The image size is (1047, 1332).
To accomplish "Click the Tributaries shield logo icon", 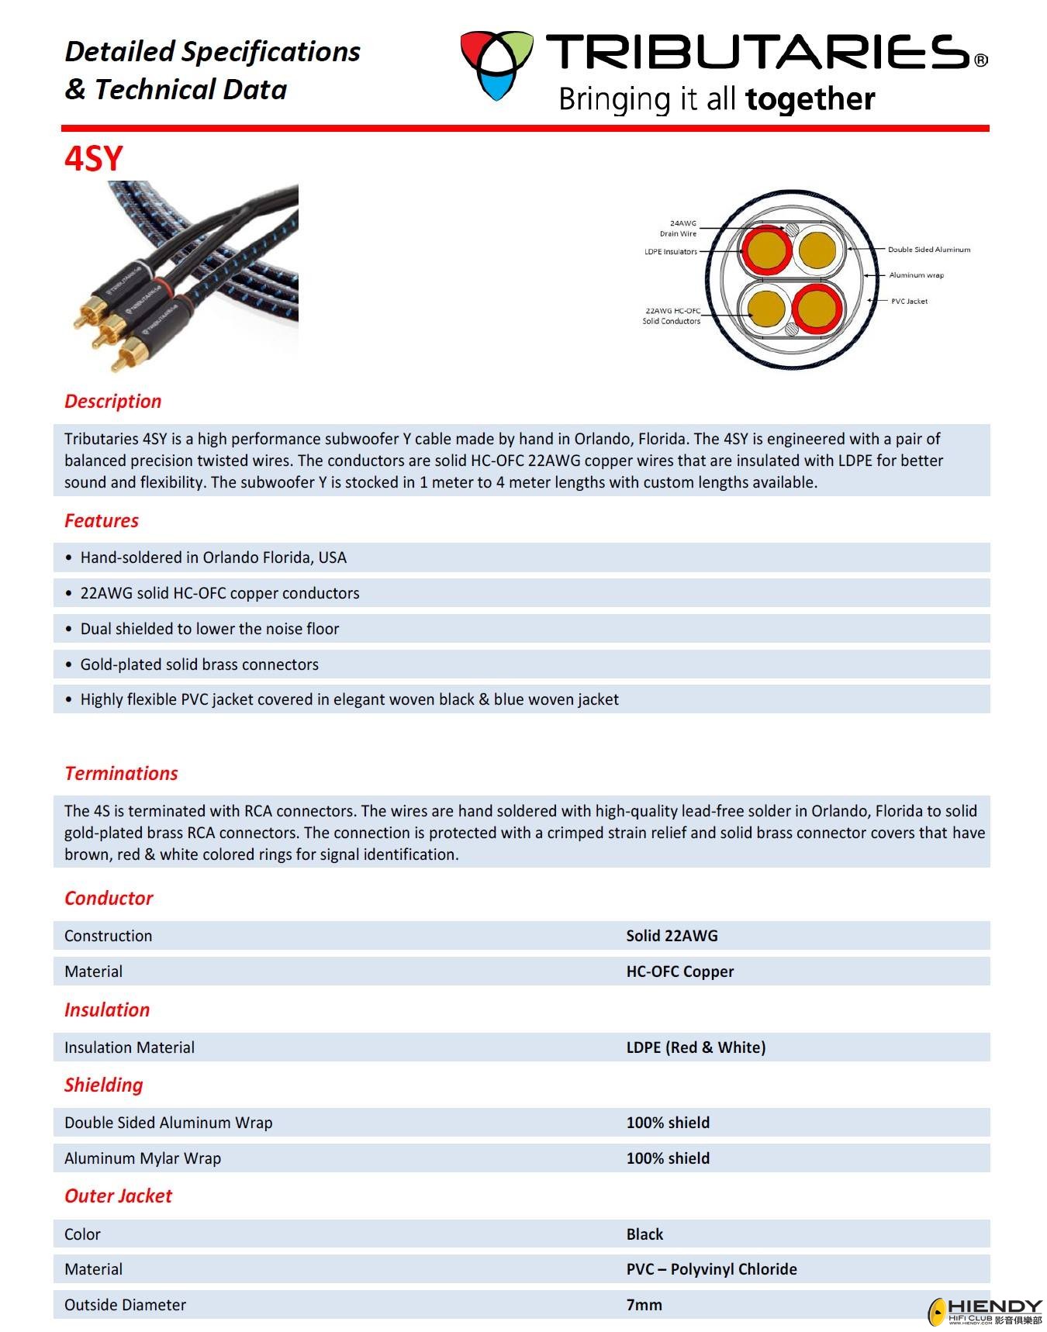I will coord(496,65).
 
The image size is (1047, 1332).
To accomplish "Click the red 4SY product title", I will coord(93,158).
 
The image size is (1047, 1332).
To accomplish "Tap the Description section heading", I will coord(112,401).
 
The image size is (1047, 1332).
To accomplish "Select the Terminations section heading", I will coord(121,773).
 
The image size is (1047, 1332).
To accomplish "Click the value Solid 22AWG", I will coord(672,936).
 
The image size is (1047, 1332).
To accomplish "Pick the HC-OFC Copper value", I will coord(679,971).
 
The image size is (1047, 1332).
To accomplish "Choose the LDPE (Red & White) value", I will coord(696,1047).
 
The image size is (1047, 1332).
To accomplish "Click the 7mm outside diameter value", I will coord(644,1305).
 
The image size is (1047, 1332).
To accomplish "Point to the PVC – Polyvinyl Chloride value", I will coord(711,1269).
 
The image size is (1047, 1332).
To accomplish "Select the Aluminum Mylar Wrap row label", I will coord(143,1158).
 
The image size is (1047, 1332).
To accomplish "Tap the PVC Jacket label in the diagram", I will coord(908,301).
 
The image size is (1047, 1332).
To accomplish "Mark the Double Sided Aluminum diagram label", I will coord(928,250).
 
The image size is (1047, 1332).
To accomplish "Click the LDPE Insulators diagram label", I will coord(671,251).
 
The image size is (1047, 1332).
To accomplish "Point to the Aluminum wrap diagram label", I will coord(916,275).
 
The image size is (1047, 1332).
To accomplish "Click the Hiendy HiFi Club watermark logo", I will coord(985,1311).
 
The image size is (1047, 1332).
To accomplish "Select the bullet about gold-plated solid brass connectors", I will coord(199,664).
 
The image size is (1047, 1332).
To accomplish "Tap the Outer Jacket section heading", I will coord(118,1196).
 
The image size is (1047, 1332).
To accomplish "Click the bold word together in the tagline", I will coord(810,99).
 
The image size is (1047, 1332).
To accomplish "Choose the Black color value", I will coord(644,1234).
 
